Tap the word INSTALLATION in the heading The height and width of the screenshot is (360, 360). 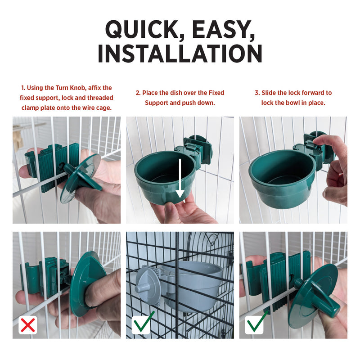(180, 54)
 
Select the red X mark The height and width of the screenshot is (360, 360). (28, 324)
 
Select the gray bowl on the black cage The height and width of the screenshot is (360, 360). (193, 285)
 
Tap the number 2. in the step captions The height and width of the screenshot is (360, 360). (138, 93)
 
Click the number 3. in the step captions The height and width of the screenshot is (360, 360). (257, 93)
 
